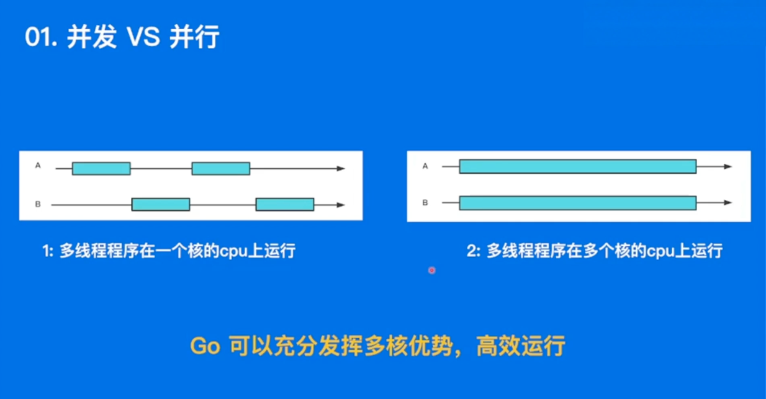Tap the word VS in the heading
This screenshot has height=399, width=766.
point(143,37)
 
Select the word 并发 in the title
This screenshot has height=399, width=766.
point(92,37)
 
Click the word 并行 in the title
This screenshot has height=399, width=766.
point(194,37)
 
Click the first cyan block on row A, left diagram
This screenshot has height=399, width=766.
point(101,169)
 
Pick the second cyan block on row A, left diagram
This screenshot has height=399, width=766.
point(221,169)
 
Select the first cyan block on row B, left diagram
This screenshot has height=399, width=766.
point(161,204)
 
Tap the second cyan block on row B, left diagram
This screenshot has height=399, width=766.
point(285,204)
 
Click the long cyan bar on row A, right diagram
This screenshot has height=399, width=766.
point(578,166)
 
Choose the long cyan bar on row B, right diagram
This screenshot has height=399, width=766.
point(578,203)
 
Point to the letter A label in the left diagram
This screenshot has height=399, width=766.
point(38,166)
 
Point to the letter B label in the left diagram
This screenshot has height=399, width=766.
point(38,204)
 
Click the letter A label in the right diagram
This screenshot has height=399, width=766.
point(425,166)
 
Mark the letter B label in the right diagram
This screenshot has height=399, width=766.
point(425,203)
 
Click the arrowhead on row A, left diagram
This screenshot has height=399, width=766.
point(341,169)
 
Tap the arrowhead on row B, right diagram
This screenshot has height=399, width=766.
point(728,203)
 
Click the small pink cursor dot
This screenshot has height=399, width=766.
point(432,271)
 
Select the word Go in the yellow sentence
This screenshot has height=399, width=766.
point(205,346)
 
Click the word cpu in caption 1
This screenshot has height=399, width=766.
point(233,252)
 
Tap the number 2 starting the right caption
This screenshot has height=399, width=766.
point(472,251)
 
